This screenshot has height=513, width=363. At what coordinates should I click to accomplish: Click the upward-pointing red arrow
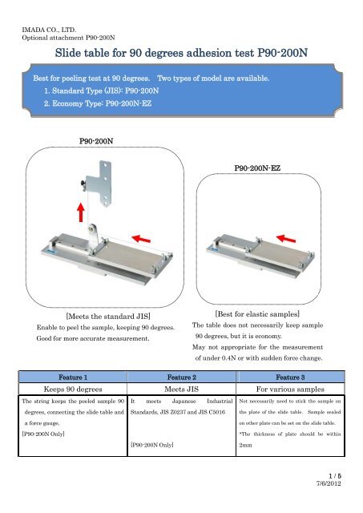click(x=81, y=212)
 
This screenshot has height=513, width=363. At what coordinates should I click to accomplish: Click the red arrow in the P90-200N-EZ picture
click(x=286, y=239)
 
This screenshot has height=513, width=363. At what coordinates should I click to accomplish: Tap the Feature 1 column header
click(x=73, y=378)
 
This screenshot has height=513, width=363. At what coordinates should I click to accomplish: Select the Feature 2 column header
click(x=181, y=378)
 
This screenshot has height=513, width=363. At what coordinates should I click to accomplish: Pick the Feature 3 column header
click(x=290, y=378)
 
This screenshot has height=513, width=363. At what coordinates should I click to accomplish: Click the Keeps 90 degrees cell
click(x=73, y=389)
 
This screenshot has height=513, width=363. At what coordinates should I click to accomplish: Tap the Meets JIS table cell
click(x=181, y=389)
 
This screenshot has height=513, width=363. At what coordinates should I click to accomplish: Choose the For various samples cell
click(x=290, y=389)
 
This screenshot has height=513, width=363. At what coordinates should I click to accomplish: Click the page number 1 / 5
click(x=335, y=476)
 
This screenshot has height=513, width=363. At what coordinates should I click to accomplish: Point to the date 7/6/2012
click(x=329, y=483)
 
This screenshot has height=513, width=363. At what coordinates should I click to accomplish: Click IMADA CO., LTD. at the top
click(x=49, y=30)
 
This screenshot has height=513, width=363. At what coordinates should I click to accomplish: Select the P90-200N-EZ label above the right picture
click(x=257, y=168)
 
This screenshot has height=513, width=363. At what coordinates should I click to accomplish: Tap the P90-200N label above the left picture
click(x=96, y=141)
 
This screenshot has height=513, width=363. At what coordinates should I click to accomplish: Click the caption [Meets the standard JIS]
click(x=108, y=317)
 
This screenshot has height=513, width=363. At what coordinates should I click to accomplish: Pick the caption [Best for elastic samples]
click(x=257, y=314)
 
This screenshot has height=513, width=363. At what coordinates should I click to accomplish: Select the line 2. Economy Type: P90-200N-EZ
click(x=98, y=103)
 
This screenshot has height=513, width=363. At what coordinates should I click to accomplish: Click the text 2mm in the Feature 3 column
click(x=245, y=446)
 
